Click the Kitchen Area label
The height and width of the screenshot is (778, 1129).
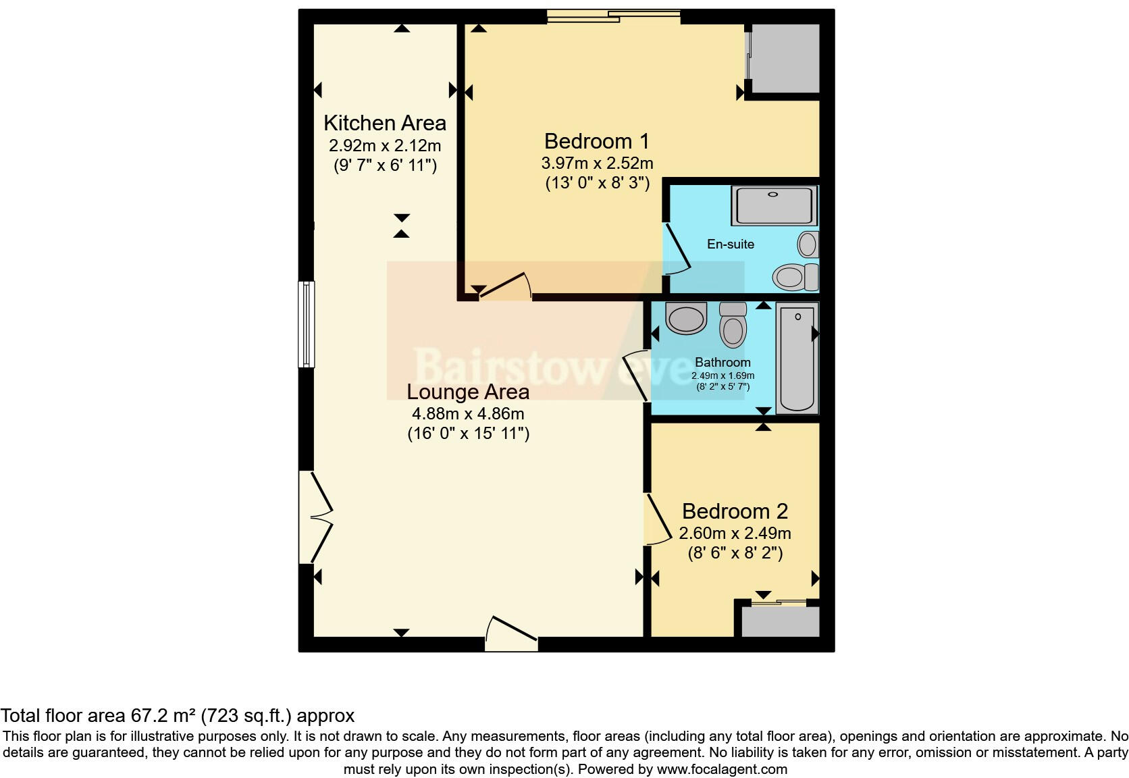coord(384,123)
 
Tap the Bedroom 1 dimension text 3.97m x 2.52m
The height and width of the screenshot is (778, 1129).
coord(597,163)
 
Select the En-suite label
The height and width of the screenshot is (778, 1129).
coord(730,244)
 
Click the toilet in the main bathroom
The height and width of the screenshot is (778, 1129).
coord(733,326)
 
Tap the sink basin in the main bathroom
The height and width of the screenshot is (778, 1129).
coord(685,318)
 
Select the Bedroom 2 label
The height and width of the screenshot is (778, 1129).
coord(735,511)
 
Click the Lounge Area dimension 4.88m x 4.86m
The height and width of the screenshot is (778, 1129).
coord(467,413)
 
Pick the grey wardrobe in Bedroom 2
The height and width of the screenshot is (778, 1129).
coord(780,621)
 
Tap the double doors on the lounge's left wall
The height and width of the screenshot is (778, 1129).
coord(317,517)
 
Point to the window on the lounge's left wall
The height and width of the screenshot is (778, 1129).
coord(307,324)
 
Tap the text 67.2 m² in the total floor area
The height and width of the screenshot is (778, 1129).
coord(163,716)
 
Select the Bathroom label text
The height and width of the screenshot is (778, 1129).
coord(722,363)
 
